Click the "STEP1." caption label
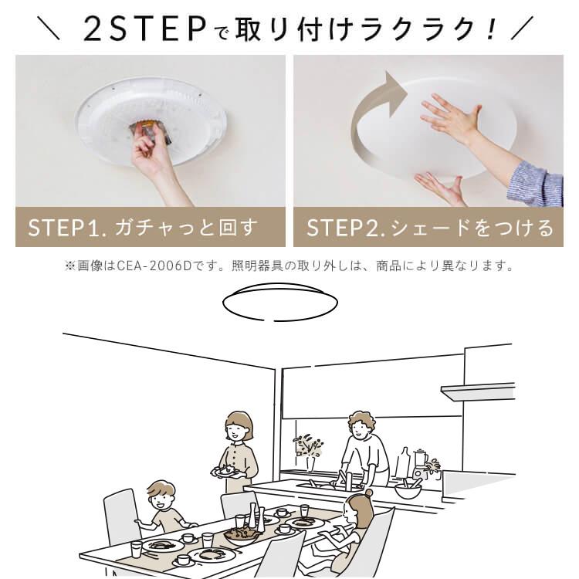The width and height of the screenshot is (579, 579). pyautogui.click(x=69, y=228)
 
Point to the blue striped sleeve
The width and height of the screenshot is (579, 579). pyautogui.click(x=537, y=181)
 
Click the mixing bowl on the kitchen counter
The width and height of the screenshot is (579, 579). pyautogui.click(x=407, y=489)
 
